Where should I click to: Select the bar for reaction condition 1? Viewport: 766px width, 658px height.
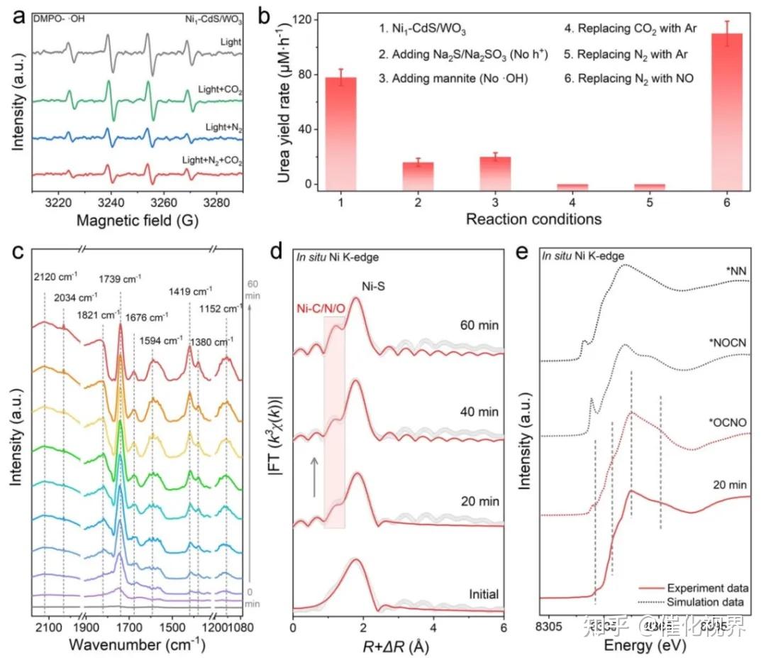point(340,131)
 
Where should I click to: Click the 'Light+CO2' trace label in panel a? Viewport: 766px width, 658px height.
point(221,90)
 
